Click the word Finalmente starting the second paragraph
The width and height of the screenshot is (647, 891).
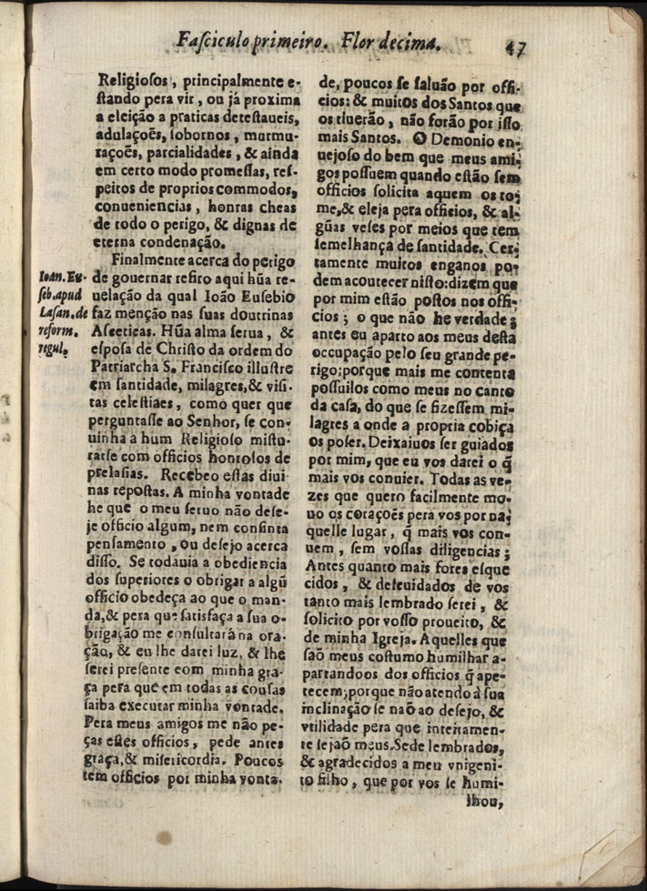tap(149, 260)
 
